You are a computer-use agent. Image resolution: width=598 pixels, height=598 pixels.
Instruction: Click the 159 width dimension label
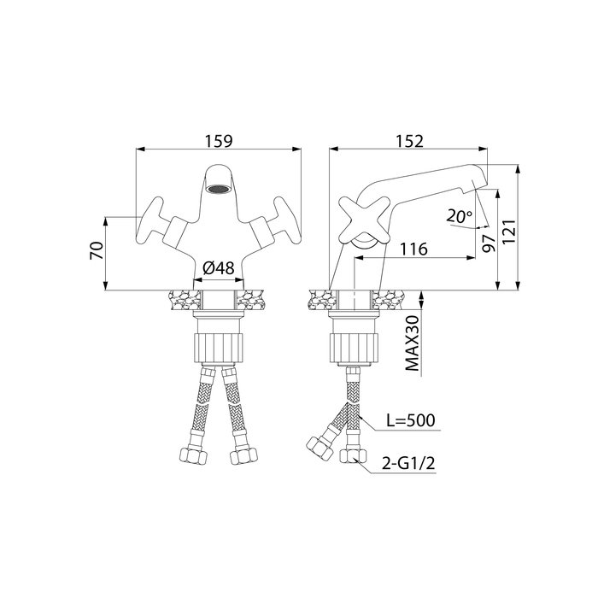pyautogui.click(x=219, y=141)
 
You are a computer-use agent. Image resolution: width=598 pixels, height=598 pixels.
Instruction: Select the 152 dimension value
pyautogui.click(x=409, y=141)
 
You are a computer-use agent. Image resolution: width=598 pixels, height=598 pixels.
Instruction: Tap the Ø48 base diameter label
pyautogui.click(x=219, y=268)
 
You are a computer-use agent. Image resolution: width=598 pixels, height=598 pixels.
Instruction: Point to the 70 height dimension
pyautogui.click(x=97, y=250)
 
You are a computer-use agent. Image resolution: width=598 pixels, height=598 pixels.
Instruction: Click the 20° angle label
pyautogui.click(x=460, y=217)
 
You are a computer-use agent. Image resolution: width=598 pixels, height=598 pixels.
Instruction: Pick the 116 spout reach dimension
pyautogui.click(x=413, y=249)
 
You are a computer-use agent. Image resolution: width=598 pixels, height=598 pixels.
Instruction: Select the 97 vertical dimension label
pyautogui.click(x=489, y=243)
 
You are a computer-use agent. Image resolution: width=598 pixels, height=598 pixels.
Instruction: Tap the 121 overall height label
pyautogui.click(x=509, y=232)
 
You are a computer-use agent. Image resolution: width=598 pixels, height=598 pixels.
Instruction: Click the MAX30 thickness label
pyautogui.click(x=412, y=343)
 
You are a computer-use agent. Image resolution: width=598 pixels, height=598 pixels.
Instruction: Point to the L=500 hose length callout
pyautogui.click(x=410, y=420)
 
